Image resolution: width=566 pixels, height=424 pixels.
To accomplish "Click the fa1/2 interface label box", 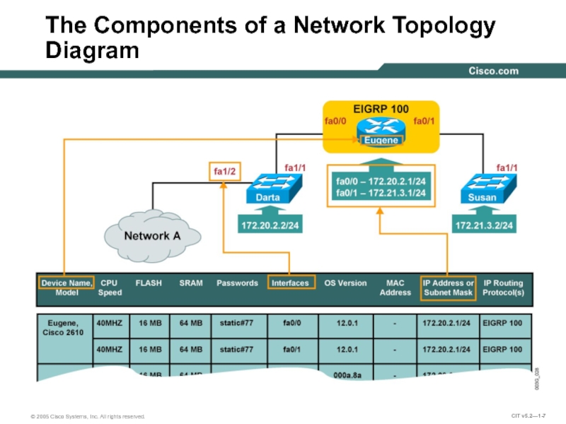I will click(223, 170).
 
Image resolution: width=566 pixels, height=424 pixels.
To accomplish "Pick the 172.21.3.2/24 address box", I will click(485, 225).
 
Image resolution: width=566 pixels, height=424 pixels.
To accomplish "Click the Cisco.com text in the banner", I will click(493, 71).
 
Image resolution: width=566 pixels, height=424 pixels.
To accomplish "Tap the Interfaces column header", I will click(291, 283).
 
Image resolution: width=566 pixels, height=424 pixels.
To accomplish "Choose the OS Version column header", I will click(345, 283).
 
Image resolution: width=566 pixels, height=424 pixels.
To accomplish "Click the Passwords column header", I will click(237, 283).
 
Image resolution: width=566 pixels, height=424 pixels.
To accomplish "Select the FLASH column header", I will click(149, 283).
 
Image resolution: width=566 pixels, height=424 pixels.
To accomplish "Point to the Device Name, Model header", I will click(66, 288).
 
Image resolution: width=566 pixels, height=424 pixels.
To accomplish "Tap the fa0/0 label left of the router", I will click(335, 122).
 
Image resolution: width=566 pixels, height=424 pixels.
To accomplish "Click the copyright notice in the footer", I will click(88, 417).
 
